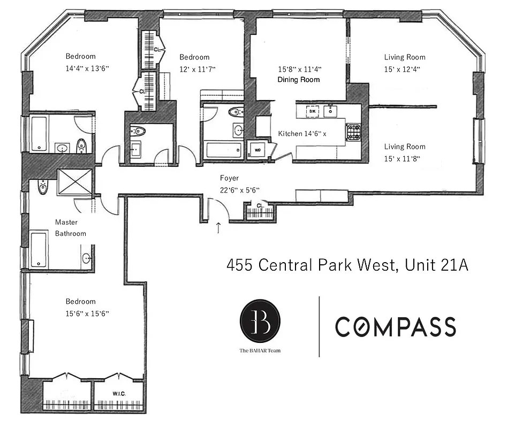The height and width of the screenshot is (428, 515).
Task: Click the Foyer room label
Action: [x=229, y=178]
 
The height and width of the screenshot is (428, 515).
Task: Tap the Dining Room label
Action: [x=298, y=80]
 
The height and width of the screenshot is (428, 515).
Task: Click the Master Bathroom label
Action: [x=70, y=228]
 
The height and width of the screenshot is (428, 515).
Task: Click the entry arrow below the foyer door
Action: [x=218, y=228]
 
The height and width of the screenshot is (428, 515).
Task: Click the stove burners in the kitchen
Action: [x=353, y=132]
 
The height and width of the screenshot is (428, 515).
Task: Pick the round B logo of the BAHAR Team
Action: [x=260, y=320]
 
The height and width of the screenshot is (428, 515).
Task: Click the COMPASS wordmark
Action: [x=396, y=326]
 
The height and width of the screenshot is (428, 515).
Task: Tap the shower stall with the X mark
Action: [x=75, y=182]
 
